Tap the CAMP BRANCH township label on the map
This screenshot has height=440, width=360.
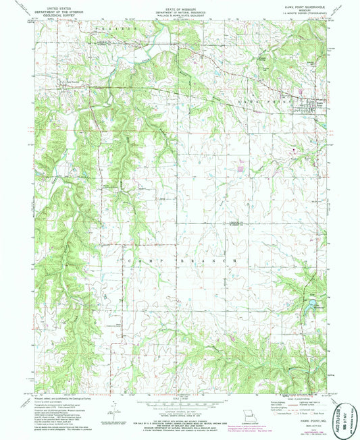(x=179, y=259)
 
